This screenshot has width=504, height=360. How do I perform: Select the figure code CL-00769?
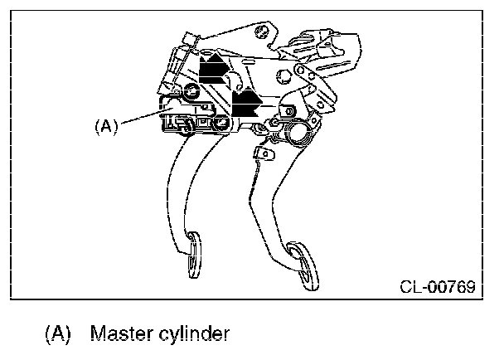click(x=437, y=288)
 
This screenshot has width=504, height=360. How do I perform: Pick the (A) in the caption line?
click(x=57, y=334)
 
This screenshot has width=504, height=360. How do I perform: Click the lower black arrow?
click(x=245, y=104)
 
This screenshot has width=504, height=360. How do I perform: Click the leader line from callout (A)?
click(x=141, y=116)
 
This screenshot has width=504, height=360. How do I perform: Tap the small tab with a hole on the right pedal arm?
click(x=265, y=154)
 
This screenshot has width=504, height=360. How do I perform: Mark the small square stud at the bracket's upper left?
click(x=187, y=39)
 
